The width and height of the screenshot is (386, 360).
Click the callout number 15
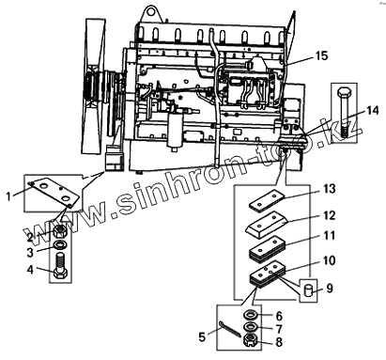click(321, 55)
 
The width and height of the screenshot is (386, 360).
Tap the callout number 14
click(373, 111)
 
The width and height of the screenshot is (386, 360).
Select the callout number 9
click(330, 289)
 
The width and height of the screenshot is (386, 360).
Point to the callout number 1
click(8, 196)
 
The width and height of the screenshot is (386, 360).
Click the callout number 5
click(202, 337)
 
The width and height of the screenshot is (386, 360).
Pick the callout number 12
click(329, 215)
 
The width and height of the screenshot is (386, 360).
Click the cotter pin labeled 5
click(230, 329)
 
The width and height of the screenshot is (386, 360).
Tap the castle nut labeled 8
click(251, 340)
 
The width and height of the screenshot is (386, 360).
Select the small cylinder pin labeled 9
click(309, 290)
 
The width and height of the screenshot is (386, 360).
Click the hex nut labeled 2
click(58, 231)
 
